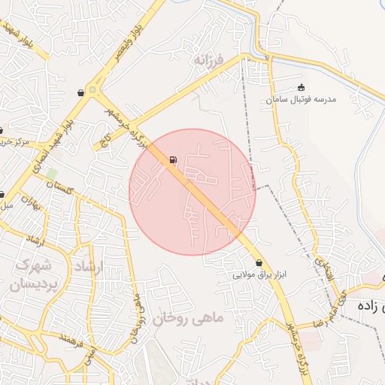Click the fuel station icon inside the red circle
point(174,159)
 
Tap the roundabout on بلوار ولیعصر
point(92,89)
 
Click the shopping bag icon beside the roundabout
point(80,92)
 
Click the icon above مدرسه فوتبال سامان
point(302,87)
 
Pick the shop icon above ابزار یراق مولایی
point(260,263)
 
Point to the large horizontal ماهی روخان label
point(188,318)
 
